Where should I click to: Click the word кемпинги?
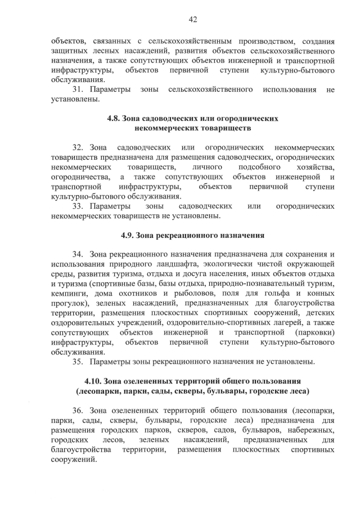[x=69, y=294]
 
